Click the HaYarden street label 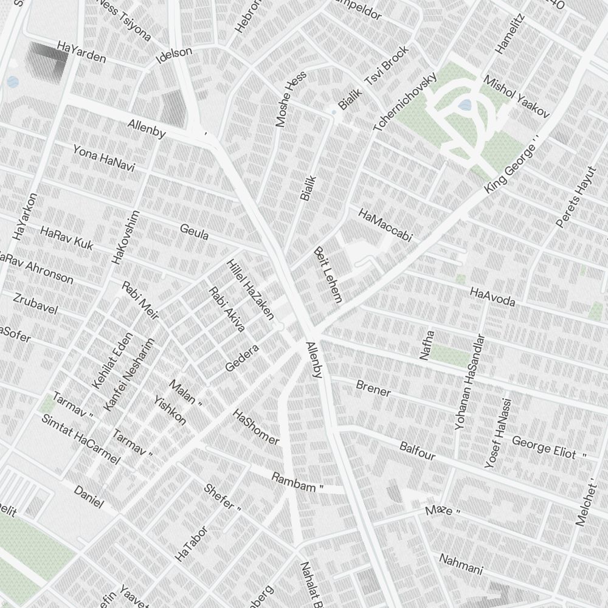click(81, 52)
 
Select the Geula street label click(195, 232)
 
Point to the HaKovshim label click(126, 237)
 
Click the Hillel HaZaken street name click(250, 289)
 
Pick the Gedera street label click(242, 358)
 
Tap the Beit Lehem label click(328, 274)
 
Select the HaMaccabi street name click(385, 225)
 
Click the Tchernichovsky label click(405, 102)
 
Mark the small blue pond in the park click(465, 105)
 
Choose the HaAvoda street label click(492, 297)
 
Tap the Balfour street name click(417, 451)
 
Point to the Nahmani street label click(461, 564)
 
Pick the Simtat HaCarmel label click(80, 438)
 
